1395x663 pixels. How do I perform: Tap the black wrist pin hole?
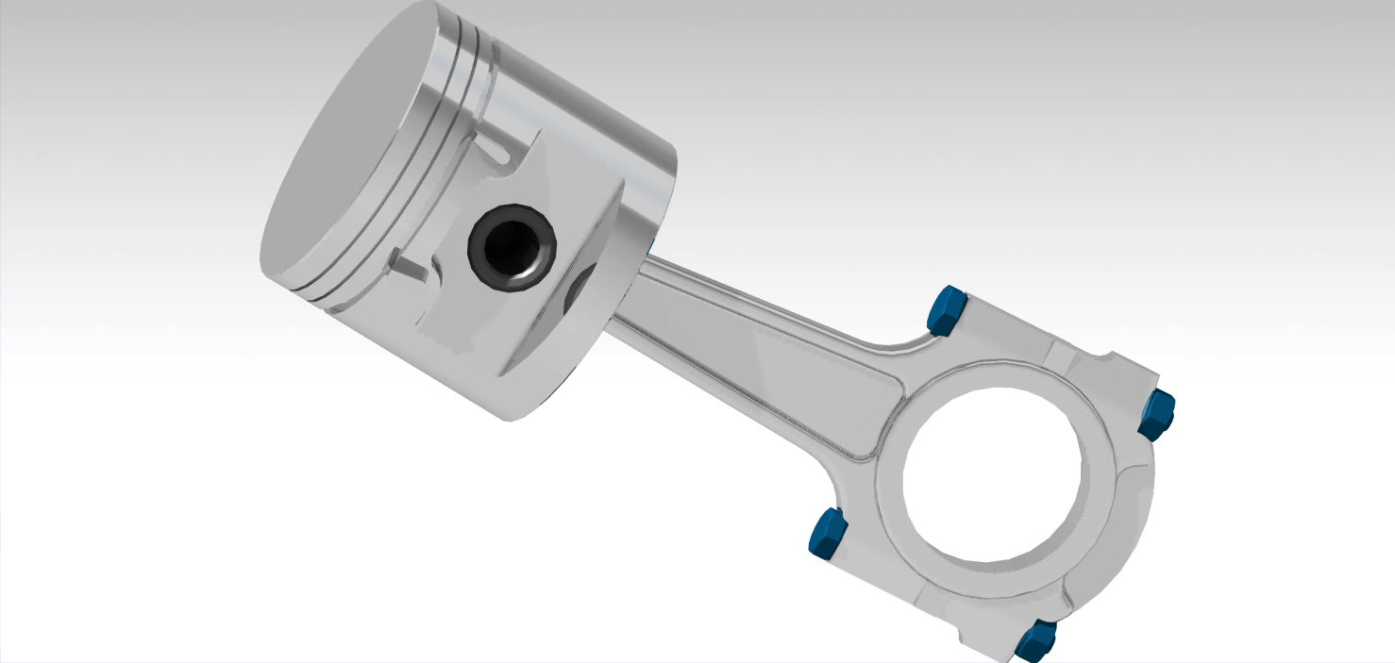click(513, 247)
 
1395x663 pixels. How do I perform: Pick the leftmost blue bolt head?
click(827, 533)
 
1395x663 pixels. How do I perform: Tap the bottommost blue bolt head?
click(1035, 641)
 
